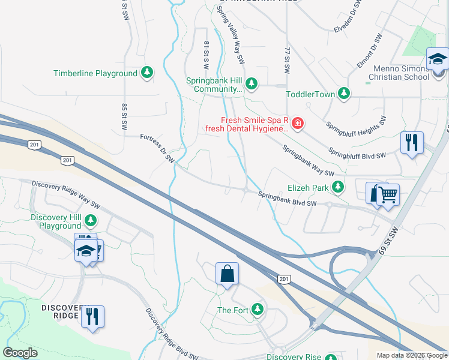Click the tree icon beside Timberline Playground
coord(146,73)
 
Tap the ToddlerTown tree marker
coord(343,94)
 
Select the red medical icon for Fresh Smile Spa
coord(298,124)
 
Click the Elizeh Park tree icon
coord(338,187)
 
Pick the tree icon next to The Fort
coord(258,309)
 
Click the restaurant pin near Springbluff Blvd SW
coord(412,143)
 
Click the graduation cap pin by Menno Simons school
coord(438,60)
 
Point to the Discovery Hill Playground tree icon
coord(91,220)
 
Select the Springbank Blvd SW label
coord(287,199)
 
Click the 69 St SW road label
coord(388,240)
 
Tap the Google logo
coord(20,353)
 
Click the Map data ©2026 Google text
coord(412,355)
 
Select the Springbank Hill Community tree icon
coord(252,83)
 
